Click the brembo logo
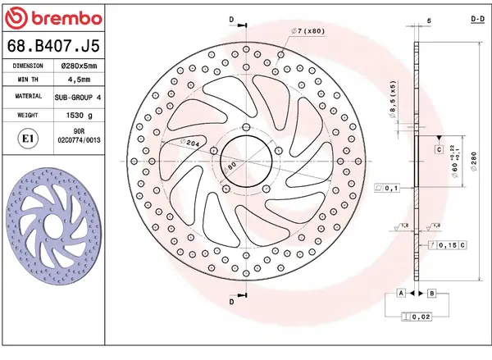point(54,17)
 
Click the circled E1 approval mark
point(27,139)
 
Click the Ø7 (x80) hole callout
point(307,30)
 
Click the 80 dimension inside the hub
point(232,165)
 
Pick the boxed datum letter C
point(439,149)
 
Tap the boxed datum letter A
point(401,293)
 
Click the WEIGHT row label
point(27,116)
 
